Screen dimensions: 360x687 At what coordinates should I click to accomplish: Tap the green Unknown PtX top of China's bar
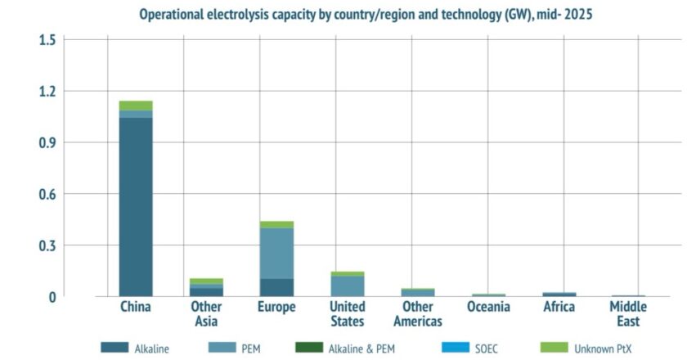(136, 106)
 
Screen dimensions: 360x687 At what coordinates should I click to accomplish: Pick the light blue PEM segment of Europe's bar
(277, 253)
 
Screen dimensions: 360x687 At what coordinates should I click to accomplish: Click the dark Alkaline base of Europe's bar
(277, 287)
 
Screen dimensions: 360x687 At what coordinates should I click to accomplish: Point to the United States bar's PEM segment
(348, 286)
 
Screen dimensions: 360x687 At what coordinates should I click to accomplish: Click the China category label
(136, 308)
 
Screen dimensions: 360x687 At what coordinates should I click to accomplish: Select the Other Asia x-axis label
(206, 314)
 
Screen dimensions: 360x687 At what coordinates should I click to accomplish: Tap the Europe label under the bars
(276, 308)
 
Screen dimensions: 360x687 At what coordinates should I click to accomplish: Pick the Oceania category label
(488, 308)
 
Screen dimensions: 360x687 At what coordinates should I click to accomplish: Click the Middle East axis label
(628, 314)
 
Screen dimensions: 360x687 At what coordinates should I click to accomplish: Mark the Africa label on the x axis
(559, 308)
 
